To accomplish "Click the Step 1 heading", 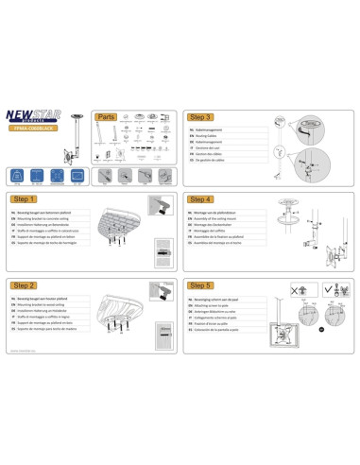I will pos(26,200).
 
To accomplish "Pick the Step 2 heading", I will pos(26,285).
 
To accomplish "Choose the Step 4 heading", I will pos(201,200).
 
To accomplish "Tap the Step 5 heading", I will pos(201,285).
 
